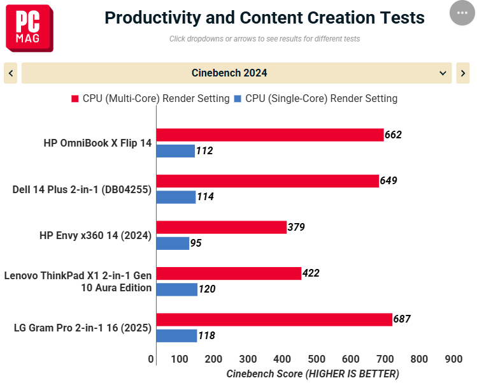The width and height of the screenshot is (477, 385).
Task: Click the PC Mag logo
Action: pos(29,28)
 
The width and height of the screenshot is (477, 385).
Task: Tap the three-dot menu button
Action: pos(462,13)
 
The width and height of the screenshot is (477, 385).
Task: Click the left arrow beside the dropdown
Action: pos(11,73)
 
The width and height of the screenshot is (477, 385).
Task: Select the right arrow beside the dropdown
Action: pos(463,73)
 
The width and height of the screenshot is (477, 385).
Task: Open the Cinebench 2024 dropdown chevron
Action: pos(443,73)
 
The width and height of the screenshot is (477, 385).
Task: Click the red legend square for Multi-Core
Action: pos(75,99)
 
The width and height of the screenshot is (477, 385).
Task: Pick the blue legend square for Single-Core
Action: pos(238,99)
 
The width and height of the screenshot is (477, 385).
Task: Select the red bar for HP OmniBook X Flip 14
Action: pos(270,135)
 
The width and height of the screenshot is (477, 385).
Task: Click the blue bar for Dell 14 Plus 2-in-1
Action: pos(176,197)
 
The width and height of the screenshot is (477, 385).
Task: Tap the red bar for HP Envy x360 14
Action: pos(222,227)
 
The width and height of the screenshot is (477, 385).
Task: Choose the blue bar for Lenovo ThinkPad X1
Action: pos(177,289)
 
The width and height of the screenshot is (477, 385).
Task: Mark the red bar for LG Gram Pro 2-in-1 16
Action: pos(274,319)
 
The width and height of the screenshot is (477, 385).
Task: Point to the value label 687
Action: pos(402,319)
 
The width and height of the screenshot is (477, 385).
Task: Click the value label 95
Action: pos(196,243)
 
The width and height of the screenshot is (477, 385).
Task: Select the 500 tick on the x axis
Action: pos(317,359)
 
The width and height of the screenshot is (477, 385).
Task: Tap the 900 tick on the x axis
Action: pos(453,359)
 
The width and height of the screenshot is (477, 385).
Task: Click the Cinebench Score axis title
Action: pos(313,374)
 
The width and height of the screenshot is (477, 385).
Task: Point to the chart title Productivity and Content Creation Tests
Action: pos(265,18)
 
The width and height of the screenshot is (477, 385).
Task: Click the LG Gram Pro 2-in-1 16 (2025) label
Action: pos(83,328)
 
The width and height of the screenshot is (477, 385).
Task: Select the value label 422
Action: pos(311,273)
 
